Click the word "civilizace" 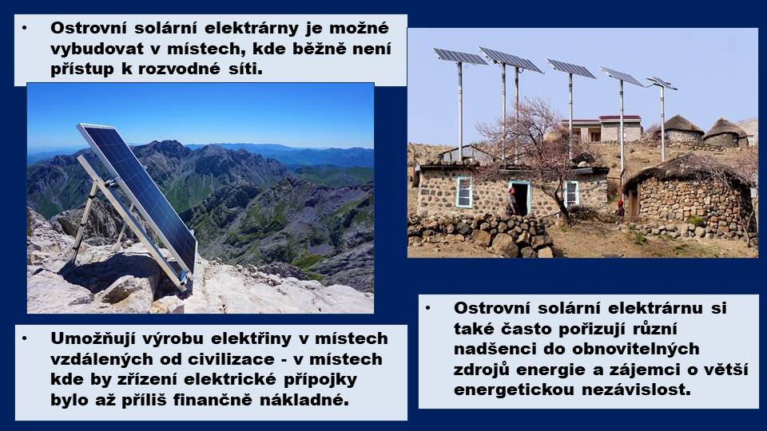click(224, 359)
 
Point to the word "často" click(528, 328)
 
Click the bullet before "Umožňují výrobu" click(25, 338)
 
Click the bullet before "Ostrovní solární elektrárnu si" click(428, 308)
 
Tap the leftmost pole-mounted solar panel click(460, 56)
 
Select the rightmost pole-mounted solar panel click(662, 83)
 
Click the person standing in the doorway click(511, 201)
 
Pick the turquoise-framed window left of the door click(464, 192)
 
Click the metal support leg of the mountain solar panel click(83, 221)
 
